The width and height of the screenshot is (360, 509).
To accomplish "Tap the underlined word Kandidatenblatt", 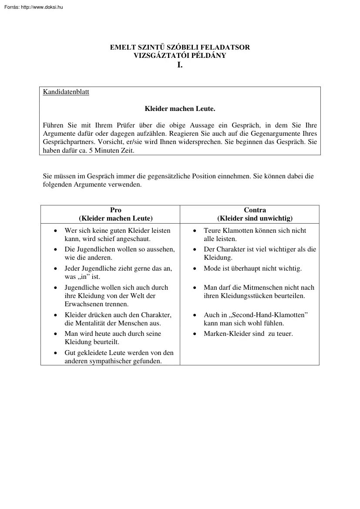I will point(66,92).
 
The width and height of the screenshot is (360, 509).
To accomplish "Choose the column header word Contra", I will point(255,210).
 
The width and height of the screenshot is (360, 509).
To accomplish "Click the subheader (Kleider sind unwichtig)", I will point(255,218).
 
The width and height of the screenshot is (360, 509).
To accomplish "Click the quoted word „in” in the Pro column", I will point(84,277).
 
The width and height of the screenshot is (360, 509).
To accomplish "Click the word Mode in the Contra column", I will point(212,268).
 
